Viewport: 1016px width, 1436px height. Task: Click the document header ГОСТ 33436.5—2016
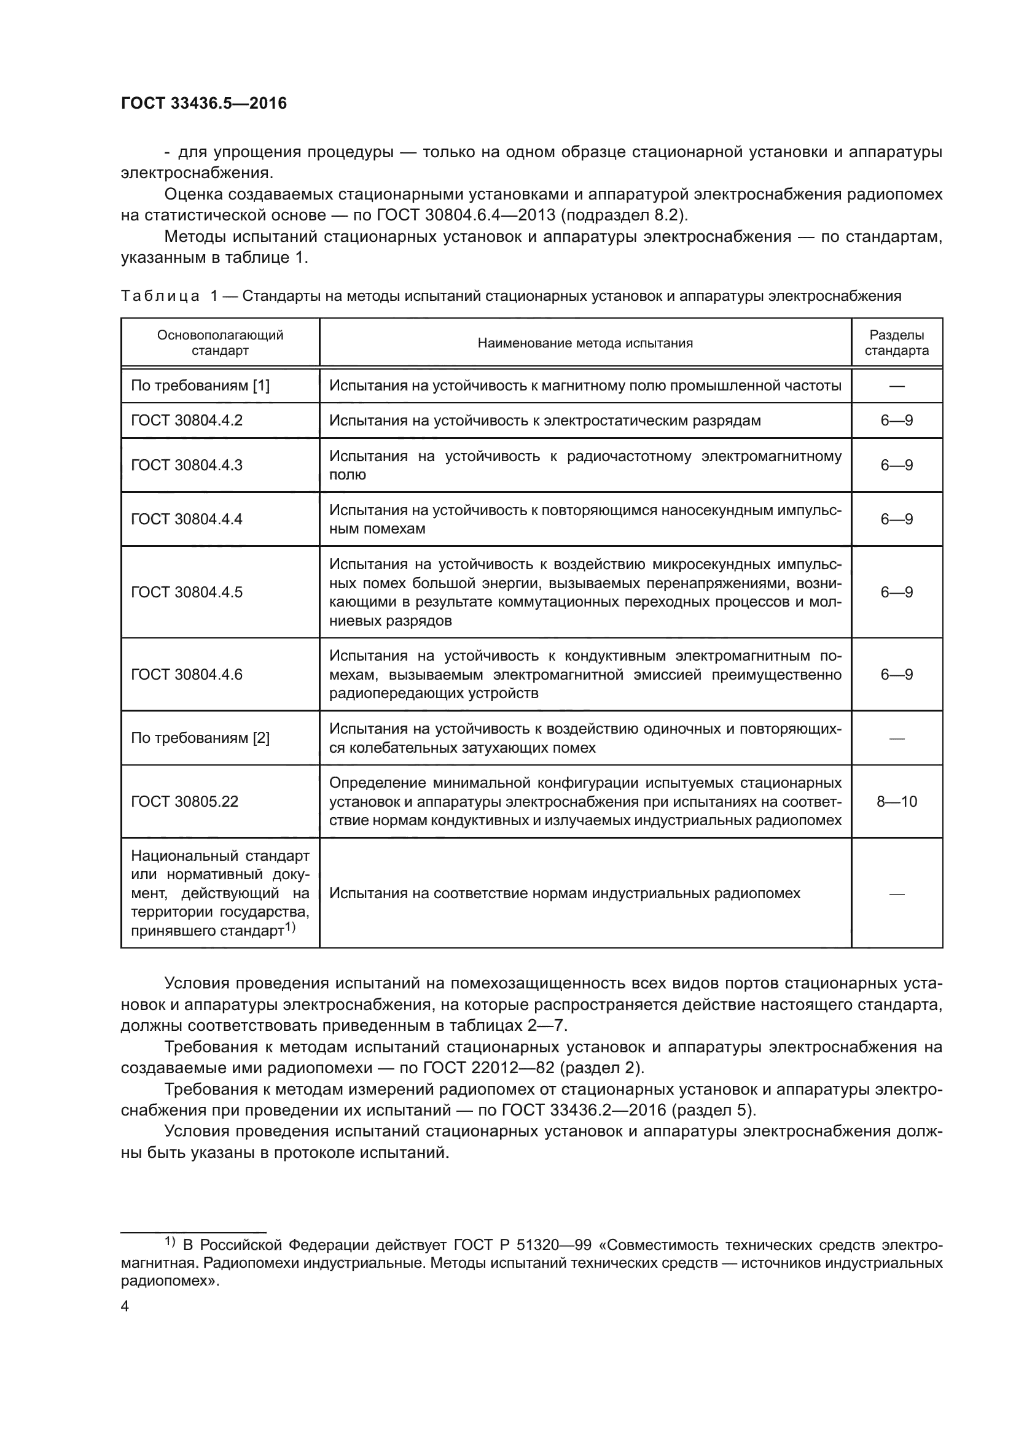204,103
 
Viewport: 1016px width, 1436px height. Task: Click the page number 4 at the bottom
125,1306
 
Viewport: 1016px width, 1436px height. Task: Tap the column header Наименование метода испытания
585,343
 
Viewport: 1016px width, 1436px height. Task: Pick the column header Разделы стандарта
896,343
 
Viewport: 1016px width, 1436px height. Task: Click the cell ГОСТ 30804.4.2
187,421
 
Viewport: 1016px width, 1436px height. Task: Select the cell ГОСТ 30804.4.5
187,592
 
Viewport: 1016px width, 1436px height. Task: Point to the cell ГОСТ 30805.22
184,801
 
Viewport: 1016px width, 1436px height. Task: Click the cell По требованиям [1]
200,386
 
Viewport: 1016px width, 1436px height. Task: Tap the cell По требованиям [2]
200,738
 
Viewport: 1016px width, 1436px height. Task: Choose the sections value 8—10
896,801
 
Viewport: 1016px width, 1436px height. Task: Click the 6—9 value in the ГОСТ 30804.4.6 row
896,674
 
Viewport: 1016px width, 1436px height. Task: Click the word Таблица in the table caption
160,296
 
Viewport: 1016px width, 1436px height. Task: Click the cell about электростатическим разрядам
545,421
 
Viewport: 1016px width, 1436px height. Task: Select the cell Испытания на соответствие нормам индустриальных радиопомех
565,893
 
